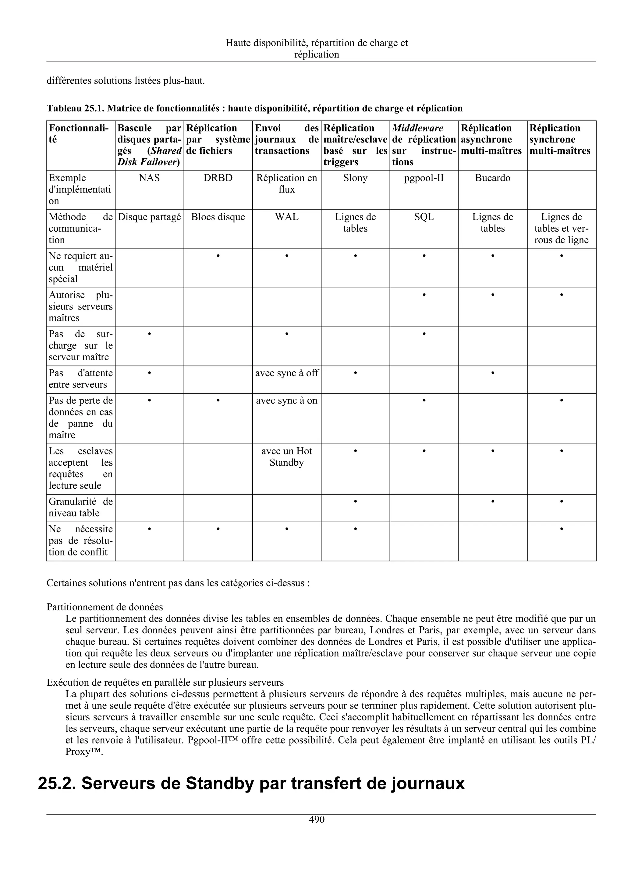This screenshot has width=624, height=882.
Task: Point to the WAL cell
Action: pyautogui.click(x=286, y=217)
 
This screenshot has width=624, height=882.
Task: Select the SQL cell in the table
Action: pyautogui.click(x=424, y=217)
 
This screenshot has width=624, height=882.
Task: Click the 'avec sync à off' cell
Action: pyautogui.click(x=286, y=373)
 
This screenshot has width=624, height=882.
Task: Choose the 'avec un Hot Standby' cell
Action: pyautogui.click(x=286, y=457)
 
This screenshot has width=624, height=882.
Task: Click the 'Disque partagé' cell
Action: pyautogui.click(x=149, y=217)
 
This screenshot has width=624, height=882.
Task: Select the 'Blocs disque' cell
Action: pyautogui.click(x=218, y=217)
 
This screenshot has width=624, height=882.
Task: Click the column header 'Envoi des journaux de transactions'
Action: pyautogui.click(x=286, y=139)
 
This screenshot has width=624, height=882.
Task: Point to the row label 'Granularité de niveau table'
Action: pyautogui.click(x=80, y=507)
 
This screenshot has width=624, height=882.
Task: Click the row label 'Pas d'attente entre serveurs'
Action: pyautogui.click(x=80, y=379)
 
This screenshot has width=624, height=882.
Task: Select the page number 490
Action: pyautogui.click(x=317, y=820)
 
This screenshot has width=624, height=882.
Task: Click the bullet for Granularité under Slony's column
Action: pyautogui.click(x=355, y=501)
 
